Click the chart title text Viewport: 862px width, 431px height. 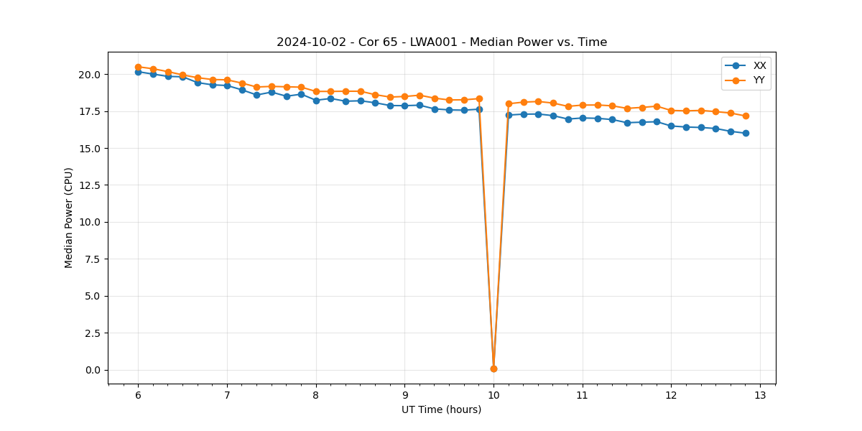[x=442, y=42]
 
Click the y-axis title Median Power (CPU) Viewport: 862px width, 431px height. [x=69, y=218]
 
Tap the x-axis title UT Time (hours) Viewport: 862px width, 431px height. [x=441, y=409]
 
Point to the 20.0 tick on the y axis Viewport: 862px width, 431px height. [x=89, y=75]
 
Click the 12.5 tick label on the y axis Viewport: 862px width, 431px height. [x=89, y=185]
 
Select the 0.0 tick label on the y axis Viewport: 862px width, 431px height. [x=92, y=370]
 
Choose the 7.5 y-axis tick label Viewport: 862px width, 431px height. [x=92, y=259]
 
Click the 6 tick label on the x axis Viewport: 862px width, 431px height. [x=138, y=395]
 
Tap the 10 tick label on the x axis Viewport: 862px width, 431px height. [x=493, y=395]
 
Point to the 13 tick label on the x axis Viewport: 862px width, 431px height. [x=760, y=395]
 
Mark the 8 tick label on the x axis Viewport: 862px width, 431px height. [x=316, y=395]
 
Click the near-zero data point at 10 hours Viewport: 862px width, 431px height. [x=493, y=369]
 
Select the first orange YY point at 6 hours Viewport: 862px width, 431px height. [x=138, y=67]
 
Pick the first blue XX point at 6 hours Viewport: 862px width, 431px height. [x=138, y=72]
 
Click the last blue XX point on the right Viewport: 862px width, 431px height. [x=746, y=133]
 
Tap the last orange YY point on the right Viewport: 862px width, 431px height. [x=746, y=116]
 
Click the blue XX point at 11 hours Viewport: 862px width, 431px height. [x=583, y=118]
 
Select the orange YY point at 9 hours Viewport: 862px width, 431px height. [x=404, y=96]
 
